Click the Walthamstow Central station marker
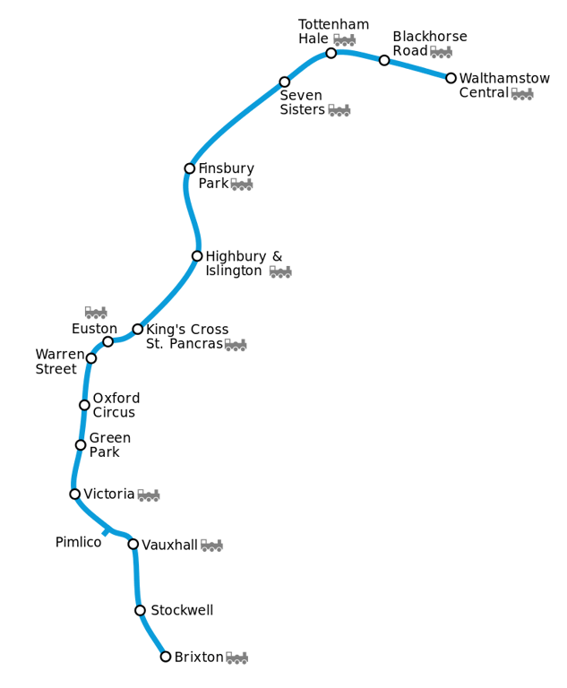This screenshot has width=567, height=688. (451, 78)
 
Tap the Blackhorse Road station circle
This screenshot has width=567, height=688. (384, 60)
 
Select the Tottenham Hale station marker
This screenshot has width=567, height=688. (331, 54)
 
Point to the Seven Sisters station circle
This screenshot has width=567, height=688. (284, 82)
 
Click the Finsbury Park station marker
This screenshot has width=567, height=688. (189, 168)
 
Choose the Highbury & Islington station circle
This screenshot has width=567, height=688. (197, 256)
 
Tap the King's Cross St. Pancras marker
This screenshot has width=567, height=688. (138, 329)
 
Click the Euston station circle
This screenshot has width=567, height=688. (107, 341)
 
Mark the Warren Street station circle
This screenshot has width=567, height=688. (91, 358)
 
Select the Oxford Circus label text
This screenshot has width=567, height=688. (116, 405)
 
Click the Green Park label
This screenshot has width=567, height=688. (110, 445)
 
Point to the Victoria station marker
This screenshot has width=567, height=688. (75, 494)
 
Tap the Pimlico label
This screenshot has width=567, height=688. (78, 542)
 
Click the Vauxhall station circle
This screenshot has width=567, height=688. (133, 544)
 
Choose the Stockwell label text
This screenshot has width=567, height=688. (182, 610)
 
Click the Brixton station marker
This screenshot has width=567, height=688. (166, 657)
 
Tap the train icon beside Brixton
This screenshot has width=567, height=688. (236, 658)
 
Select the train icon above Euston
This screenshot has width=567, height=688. (96, 313)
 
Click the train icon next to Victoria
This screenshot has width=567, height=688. (149, 494)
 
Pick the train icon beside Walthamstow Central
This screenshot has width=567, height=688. (522, 94)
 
